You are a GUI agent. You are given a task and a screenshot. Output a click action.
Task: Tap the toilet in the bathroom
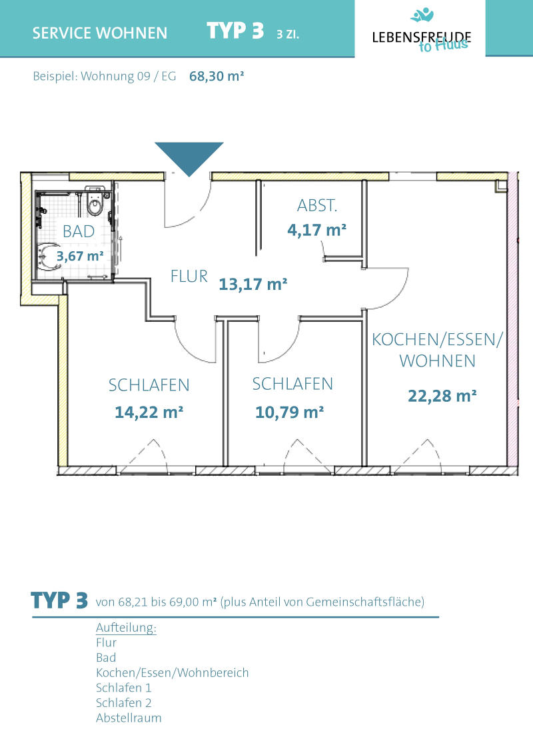tap(95, 204)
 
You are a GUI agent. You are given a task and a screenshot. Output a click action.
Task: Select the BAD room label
tap(79, 232)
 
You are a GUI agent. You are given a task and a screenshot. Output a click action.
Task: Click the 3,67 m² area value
tap(80, 256)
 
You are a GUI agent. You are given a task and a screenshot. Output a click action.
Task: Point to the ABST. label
tap(317, 206)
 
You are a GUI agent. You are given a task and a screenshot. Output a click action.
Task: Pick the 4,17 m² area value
tap(317, 230)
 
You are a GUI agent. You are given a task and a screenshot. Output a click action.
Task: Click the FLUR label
tap(189, 277)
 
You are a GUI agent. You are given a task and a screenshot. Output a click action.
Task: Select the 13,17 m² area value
tap(253, 284)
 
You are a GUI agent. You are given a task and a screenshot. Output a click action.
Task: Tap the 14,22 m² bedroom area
tap(149, 412)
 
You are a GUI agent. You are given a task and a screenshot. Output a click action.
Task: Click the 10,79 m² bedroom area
tap(289, 412)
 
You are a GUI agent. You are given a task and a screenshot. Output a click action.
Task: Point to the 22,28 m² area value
tap(442, 396)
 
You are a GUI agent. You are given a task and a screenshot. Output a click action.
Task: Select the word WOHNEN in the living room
tap(437, 361)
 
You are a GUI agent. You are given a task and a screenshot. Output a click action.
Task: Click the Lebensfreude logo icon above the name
tap(422, 15)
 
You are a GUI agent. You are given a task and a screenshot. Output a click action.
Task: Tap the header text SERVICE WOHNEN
tap(100, 33)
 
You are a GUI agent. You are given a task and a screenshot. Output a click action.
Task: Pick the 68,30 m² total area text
tap(217, 76)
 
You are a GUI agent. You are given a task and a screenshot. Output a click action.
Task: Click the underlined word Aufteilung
tap(126, 628)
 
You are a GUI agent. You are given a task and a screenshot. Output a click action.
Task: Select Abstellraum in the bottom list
tap(129, 718)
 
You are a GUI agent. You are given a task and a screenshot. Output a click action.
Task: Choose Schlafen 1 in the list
tap(124, 688)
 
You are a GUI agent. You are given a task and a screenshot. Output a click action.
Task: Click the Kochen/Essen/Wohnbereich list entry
tap(173, 672)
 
